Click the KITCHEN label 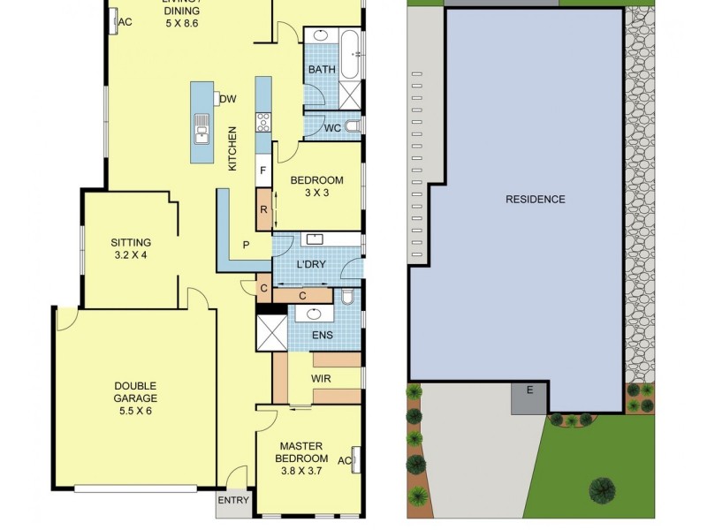pyautogui.click(x=233, y=148)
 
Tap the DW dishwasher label pyautogui.click(x=227, y=99)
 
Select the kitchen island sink pyautogui.click(x=201, y=131)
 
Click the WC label pyautogui.click(x=332, y=128)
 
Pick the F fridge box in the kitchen pyautogui.click(x=262, y=170)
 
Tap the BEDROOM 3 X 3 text pyautogui.click(x=317, y=186)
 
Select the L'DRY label pyautogui.click(x=308, y=265)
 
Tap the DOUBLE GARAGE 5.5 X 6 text pyautogui.click(x=135, y=398)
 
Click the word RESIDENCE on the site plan pyautogui.click(x=535, y=200)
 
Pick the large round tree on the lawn pyautogui.click(x=604, y=488)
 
